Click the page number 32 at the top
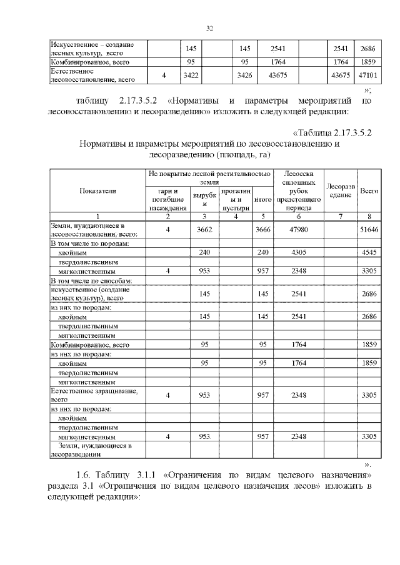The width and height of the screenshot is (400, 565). click(x=210, y=27)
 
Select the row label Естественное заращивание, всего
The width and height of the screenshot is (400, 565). click(x=94, y=395)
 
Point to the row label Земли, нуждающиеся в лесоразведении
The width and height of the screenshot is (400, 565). click(x=94, y=450)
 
